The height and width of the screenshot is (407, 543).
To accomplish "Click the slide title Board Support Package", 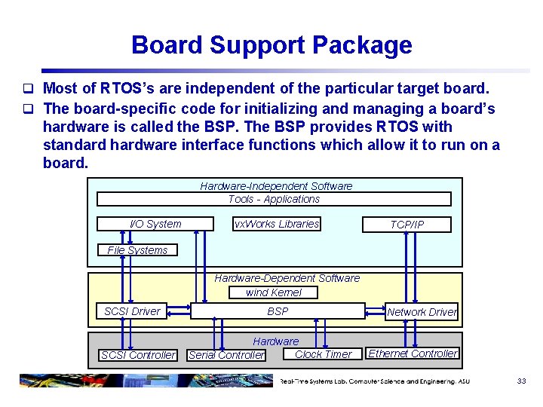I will pyautogui.click(x=271, y=45).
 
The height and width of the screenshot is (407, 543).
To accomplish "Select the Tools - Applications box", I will pyautogui.click(x=274, y=199).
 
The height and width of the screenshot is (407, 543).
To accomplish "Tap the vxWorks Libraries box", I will pyautogui.click(x=277, y=224).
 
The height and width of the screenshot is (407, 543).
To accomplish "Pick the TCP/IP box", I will pyautogui.click(x=406, y=225).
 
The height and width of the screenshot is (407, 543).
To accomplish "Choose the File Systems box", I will pyautogui.click(x=137, y=250).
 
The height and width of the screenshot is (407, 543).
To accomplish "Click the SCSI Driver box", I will pyautogui.click(x=132, y=311).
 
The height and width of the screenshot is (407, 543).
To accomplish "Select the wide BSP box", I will pyautogui.click(x=278, y=311).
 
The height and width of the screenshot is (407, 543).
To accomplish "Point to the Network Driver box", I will pyautogui.click(x=422, y=311).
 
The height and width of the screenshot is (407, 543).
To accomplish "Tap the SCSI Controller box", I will pyautogui.click(x=138, y=355).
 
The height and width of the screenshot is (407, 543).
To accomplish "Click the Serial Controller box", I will pyautogui.click(x=226, y=355).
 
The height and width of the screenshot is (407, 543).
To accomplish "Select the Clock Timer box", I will pyautogui.click(x=322, y=354).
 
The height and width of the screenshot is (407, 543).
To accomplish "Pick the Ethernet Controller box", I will pyautogui.click(x=413, y=353).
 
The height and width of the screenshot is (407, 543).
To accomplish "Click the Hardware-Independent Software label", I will pyautogui.click(x=276, y=185).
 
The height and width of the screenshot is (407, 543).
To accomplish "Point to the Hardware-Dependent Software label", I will pyautogui.click(x=287, y=278).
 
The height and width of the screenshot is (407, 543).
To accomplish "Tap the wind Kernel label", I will pyautogui.click(x=273, y=292).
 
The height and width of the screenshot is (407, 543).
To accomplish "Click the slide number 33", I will pyautogui.click(x=521, y=381).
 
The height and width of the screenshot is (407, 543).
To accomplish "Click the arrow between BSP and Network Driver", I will pyautogui.click(x=375, y=311).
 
